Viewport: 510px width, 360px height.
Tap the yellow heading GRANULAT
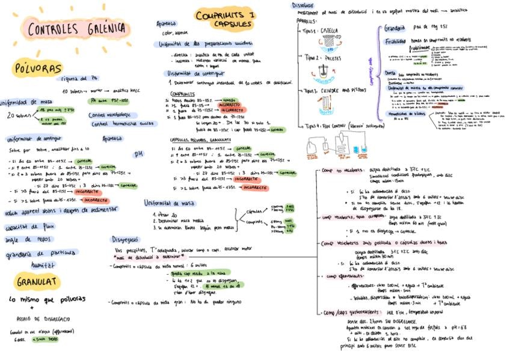pos(37,281)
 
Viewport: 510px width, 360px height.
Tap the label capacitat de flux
pos(29,227)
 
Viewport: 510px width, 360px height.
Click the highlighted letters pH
pos(139,153)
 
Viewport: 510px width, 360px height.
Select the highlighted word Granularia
pos(395,28)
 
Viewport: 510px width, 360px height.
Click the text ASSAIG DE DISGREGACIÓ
pos(45,319)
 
